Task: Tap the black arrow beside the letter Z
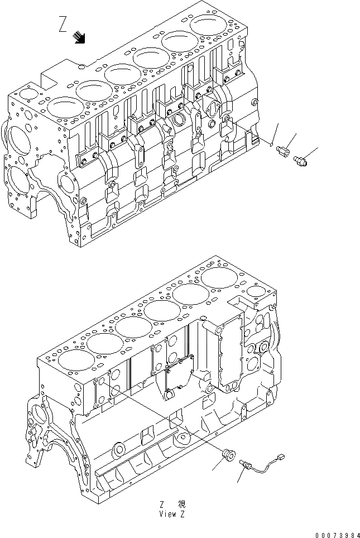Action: (80, 37)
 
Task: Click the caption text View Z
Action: (171, 514)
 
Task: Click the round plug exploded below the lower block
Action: (228, 453)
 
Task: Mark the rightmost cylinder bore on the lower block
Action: (217, 276)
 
